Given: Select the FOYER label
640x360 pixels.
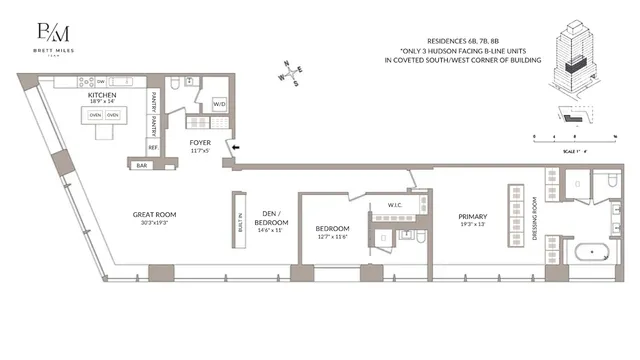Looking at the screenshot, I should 200,143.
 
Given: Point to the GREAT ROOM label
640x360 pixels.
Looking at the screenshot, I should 155,214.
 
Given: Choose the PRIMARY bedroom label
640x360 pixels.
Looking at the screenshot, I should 472,216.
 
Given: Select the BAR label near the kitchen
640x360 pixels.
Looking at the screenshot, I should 141,164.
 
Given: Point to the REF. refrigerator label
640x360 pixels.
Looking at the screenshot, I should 154,146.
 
